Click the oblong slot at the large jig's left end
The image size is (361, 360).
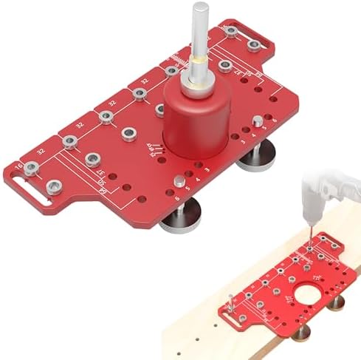(31, 196)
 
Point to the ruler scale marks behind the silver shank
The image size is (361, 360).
(181, 60)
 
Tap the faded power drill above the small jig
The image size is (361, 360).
(325, 192)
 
